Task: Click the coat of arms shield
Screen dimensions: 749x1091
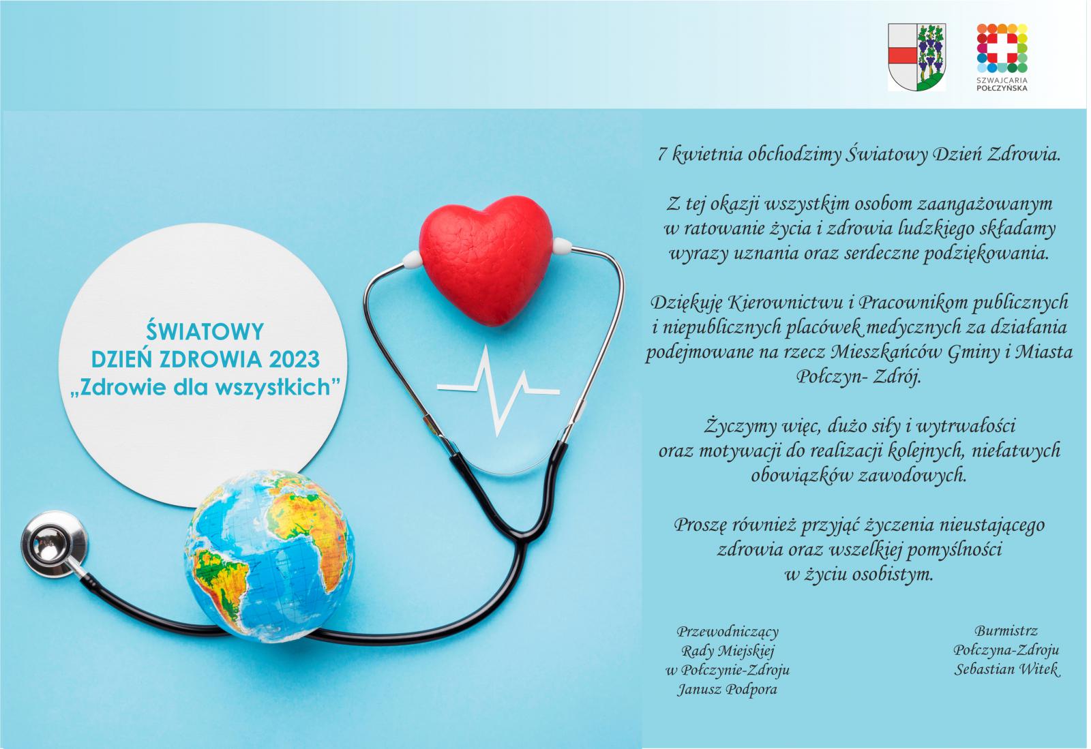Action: click(916, 58)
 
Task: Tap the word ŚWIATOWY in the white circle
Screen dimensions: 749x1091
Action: click(205, 332)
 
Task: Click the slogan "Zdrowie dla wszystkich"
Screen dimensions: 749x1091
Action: click(205, 387)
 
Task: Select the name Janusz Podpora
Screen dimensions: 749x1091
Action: click(727, 690)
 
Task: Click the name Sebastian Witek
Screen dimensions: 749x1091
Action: click(1006, 669)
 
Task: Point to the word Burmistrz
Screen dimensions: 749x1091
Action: click(1006, 631)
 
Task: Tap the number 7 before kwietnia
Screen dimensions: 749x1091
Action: click(661, 155)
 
